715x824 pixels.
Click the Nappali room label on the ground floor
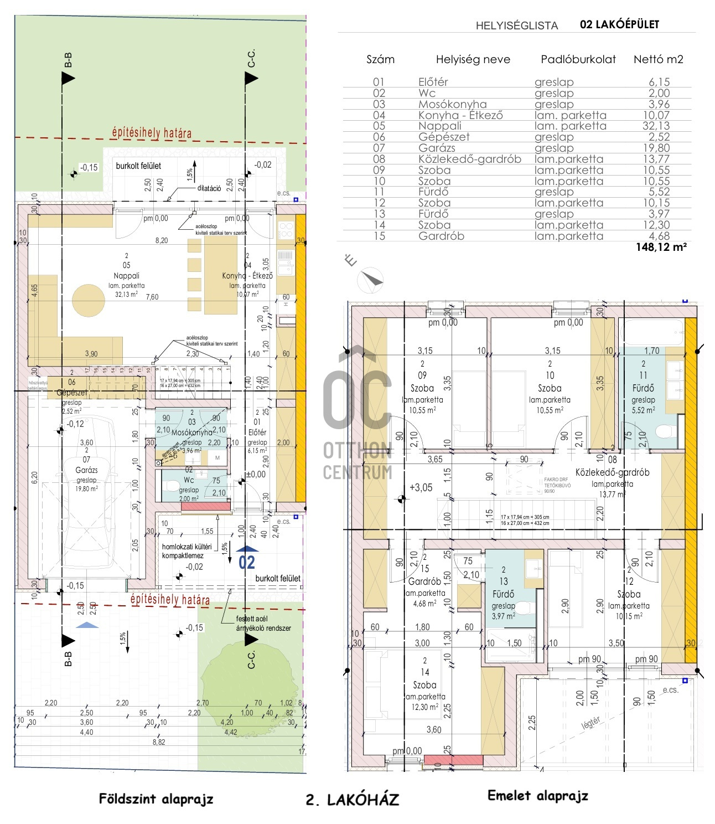[x=127, y=275]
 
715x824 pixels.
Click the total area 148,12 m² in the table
[x=661, y=247]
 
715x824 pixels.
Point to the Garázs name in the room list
[x=437, y=148]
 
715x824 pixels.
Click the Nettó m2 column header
[x=658, y=59]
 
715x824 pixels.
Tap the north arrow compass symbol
[x=370, y=280]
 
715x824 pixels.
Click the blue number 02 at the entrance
[x=246, y=562]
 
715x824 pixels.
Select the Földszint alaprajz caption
[x=156, y=799]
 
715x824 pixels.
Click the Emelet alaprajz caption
[x=537, y=796]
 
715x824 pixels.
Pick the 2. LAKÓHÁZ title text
[x=352, y=800]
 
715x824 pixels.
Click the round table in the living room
[x=89, y=300]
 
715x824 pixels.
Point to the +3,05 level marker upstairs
[x=421, y=487]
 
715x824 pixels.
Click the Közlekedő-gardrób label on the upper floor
[x=612, y=472]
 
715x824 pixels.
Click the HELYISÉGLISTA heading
[x=516, y=25]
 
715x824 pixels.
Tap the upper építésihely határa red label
[x=152, y=133]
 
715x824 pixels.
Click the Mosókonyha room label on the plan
[x=191, y=432]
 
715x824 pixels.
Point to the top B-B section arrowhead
[x=68, y=78]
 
